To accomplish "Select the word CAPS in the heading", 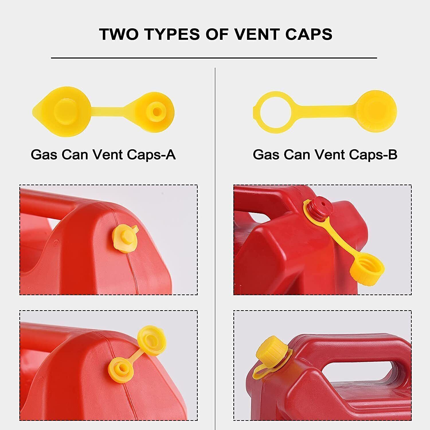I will pyautogui.click(x=309, y=34).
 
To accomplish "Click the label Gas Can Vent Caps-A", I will pyautogui.click(x=103, y=155).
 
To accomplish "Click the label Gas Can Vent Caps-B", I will pyautogui.click(x=325, y=155).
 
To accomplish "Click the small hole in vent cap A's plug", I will pyautogui.click(x=156, y=111).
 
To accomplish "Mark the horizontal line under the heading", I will pyautogui.click(x=214, y=58).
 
